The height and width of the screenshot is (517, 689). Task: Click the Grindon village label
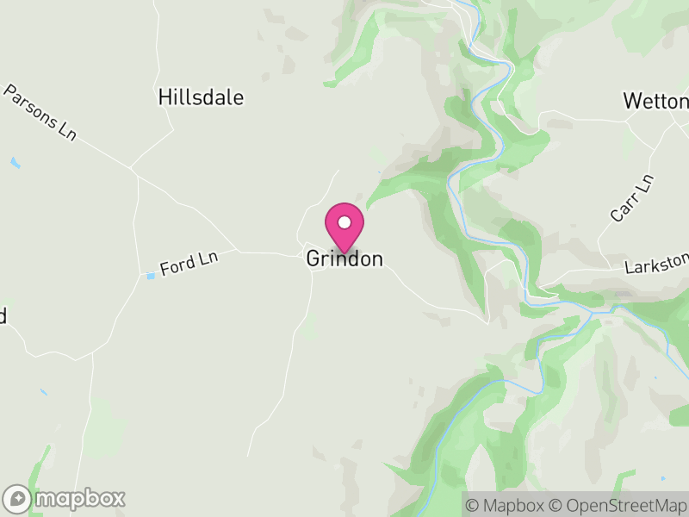click(x=344, y=258)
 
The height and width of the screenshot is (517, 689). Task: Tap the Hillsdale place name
click(x=201, y=97)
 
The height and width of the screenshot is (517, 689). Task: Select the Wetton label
click(x=655, y=101)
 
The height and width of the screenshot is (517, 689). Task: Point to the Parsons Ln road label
click(x=40, y=112)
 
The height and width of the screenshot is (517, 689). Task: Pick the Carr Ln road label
click(x=633, y=198)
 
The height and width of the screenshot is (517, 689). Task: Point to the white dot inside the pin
click(x=344, y=222)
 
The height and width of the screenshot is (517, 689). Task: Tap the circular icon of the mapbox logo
click(x=18, y=499)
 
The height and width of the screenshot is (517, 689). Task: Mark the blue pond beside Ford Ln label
click(x=151, y=276)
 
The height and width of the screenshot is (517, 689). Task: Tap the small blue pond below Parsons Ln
click(x=15, y=162)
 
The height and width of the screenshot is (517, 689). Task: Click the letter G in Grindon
click(x=314, y=258)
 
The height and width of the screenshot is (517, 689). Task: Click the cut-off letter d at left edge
click(x=3, y=315)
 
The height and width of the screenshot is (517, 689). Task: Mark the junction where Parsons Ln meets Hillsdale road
click(x=132, y=166)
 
